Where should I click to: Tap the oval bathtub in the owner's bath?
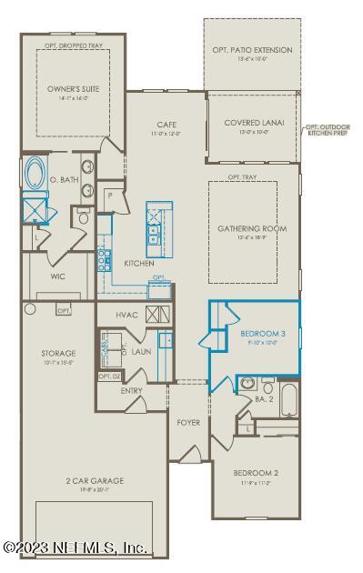coord(36,173)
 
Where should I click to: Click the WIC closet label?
coord(58,276)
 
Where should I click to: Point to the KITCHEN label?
coord(139,263)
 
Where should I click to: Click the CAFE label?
coord(166,125)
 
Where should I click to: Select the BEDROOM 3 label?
coord(263,334)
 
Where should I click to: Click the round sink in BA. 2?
coord(247,383)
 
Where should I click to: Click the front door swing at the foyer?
coord(190,452)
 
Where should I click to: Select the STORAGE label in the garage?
coord(58,352)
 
